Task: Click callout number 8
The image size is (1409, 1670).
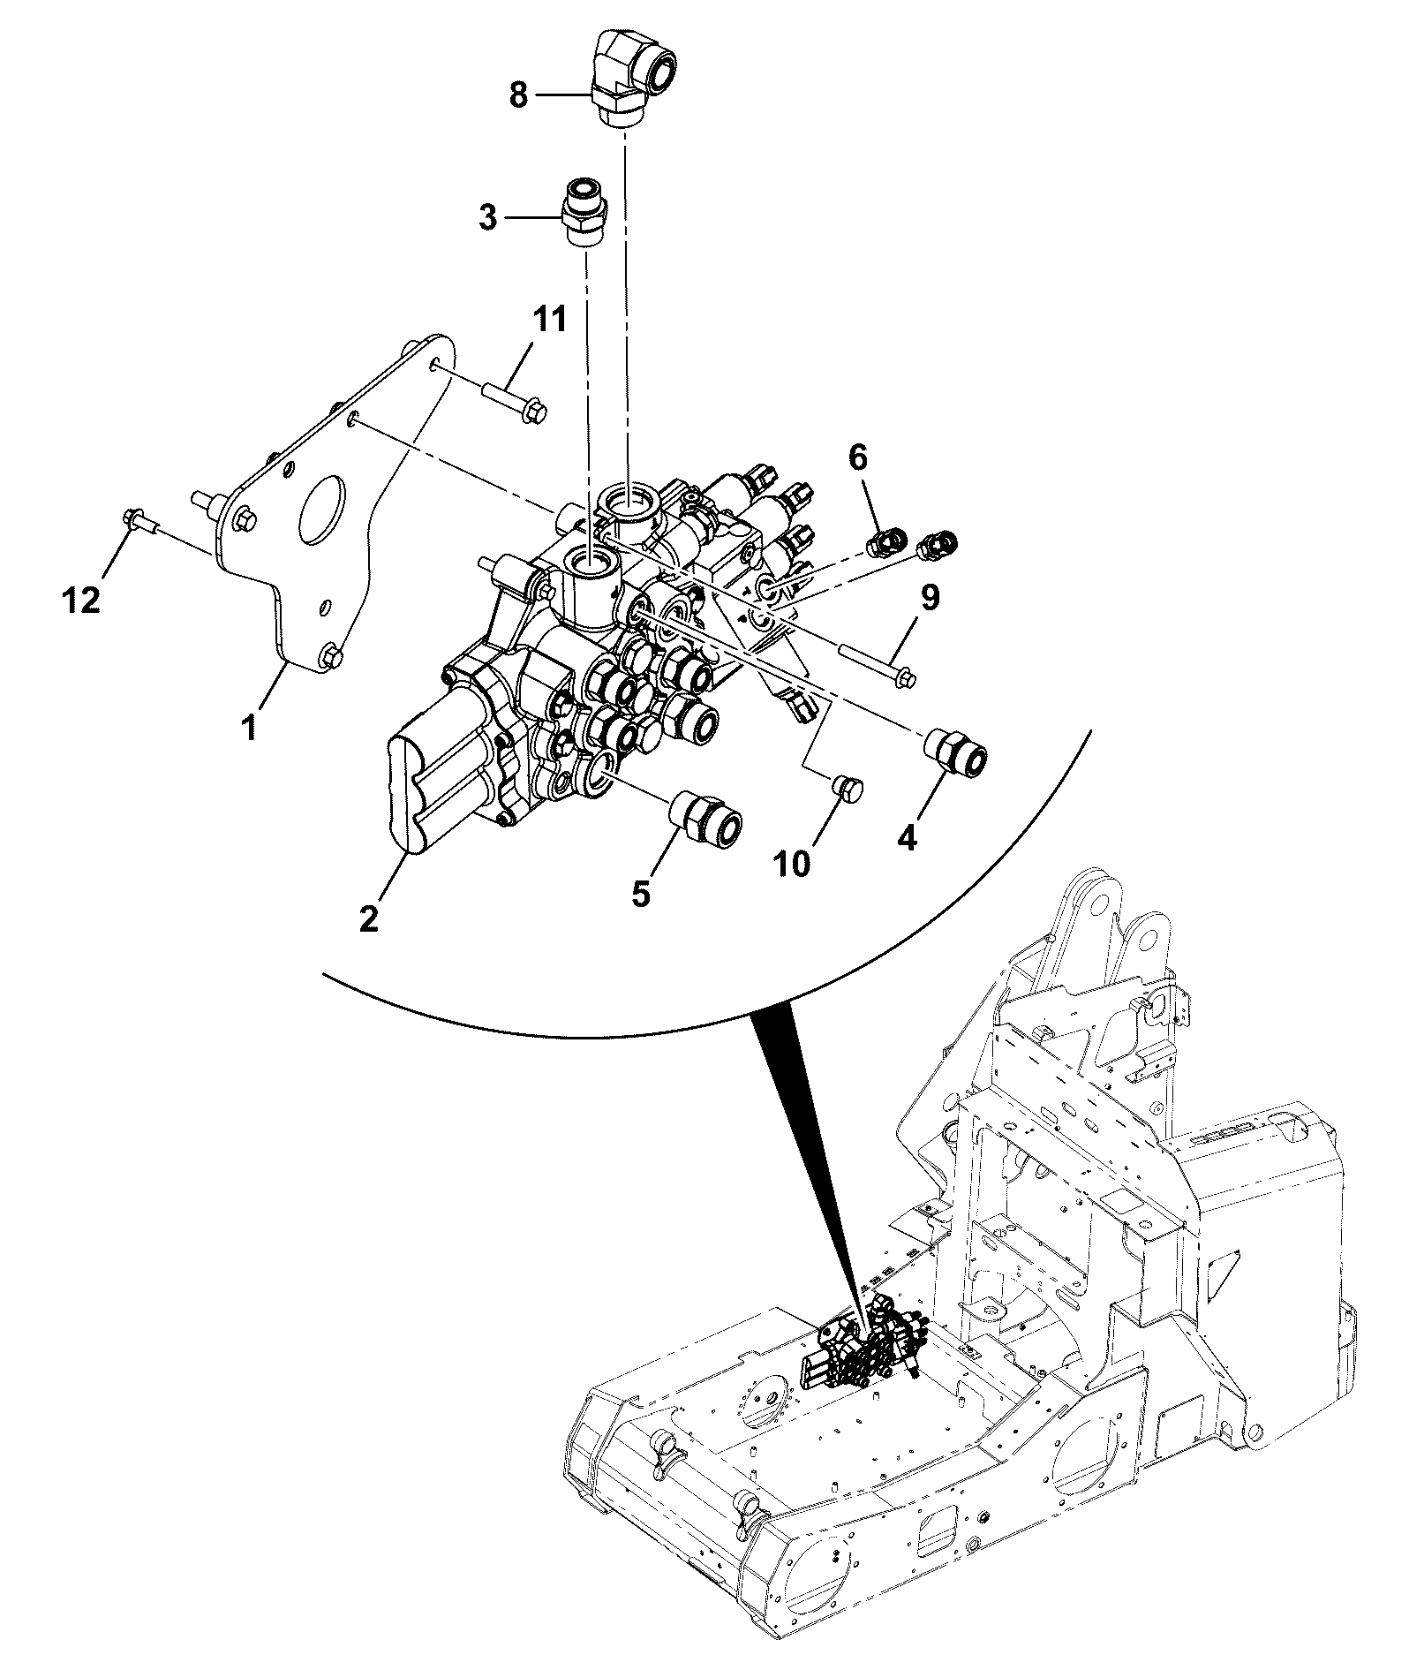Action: (x=518, y=95)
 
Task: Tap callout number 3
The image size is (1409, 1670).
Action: (x=488, y=217)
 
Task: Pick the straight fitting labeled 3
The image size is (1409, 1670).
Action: (x=584, y=213)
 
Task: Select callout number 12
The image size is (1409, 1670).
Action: (x=81, y=601)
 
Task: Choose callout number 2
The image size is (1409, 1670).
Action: (x=369, y=918)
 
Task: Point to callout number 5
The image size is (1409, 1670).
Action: (x=641, y=893)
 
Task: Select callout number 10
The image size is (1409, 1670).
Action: (x=794, y=863)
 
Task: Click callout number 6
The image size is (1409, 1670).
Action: (x=858, y=457)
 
